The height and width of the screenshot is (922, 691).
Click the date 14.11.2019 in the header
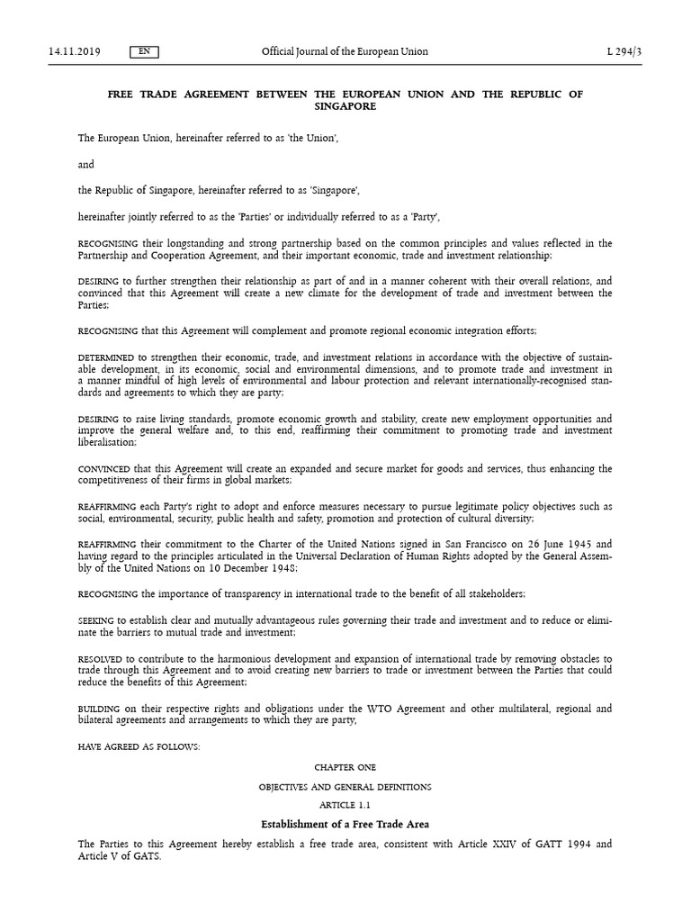point(74,51)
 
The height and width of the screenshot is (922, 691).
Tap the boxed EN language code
point(144,51)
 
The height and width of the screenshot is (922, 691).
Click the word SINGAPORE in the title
point(345,105)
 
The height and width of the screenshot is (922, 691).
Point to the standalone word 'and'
point(86,165)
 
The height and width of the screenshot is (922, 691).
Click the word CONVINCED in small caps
point(104,468)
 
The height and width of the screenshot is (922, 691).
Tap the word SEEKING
point(96,620)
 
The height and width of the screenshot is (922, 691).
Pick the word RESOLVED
point(100,659)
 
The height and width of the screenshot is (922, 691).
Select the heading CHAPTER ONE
point(345,767)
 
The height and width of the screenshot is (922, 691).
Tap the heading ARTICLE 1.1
point(345,804)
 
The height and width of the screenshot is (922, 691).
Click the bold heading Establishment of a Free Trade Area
point(345,824)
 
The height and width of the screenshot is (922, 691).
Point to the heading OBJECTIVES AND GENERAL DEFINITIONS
point(345,786)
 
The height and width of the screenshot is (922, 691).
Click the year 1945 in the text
point(570,544)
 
